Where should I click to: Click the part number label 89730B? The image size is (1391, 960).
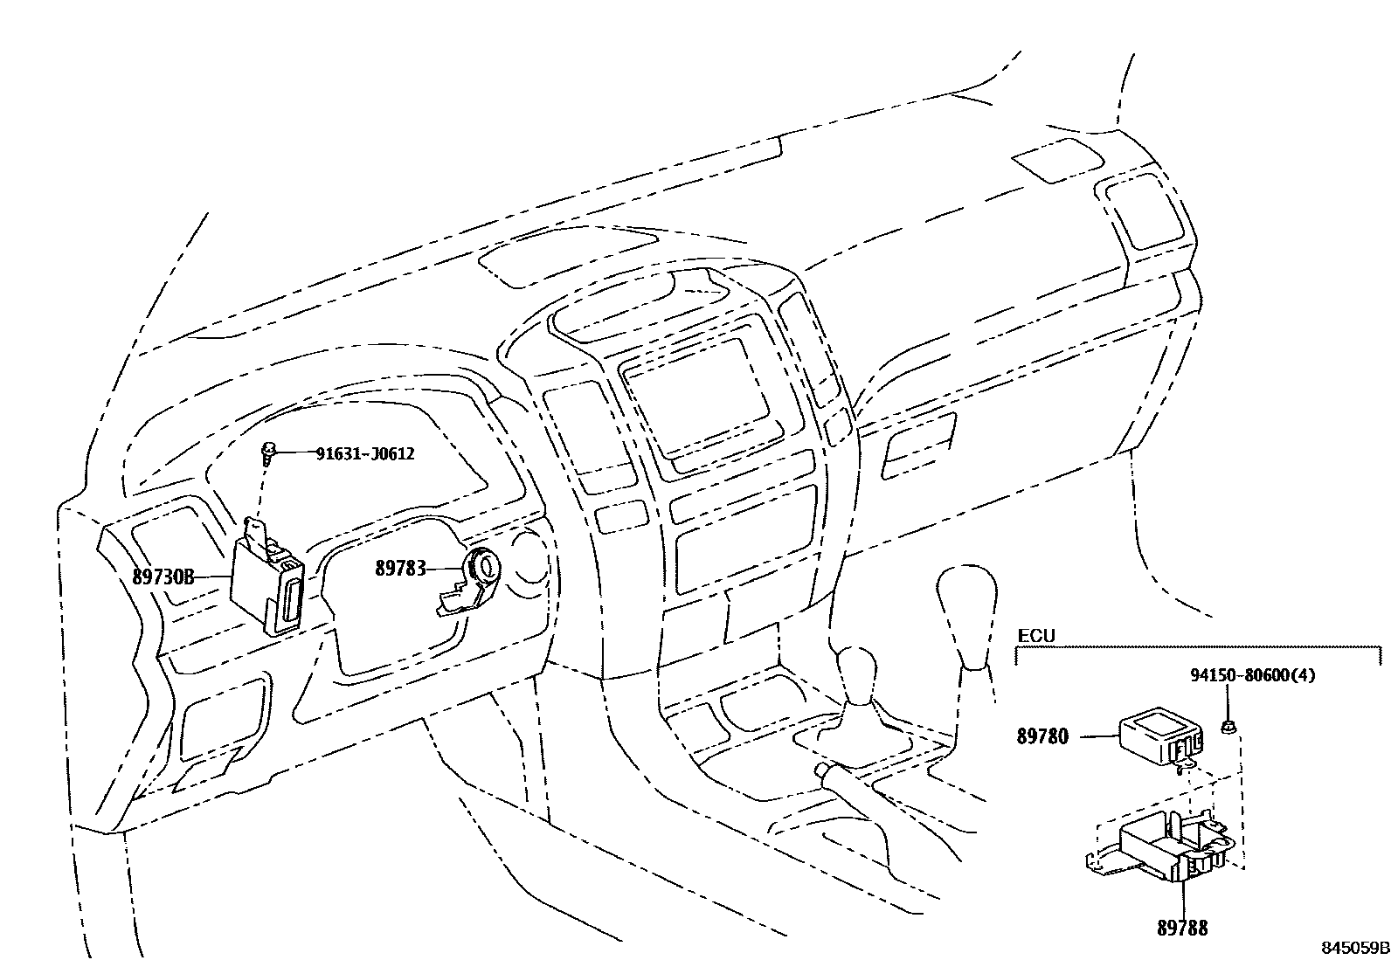point(163,577)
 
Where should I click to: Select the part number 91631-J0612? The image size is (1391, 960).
point(364,453)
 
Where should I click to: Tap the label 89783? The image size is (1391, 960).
point(400,569)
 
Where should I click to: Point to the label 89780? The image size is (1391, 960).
point(1042,736)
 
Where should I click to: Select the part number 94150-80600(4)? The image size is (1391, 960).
point(1252,674)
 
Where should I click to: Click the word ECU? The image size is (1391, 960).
point(1036,635)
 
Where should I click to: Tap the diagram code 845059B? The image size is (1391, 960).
point(1354,947)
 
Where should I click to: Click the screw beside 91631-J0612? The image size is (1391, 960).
point(270,452)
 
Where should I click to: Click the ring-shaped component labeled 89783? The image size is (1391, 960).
point(481,569)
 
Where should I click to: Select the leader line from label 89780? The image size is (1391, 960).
point(1097,736)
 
